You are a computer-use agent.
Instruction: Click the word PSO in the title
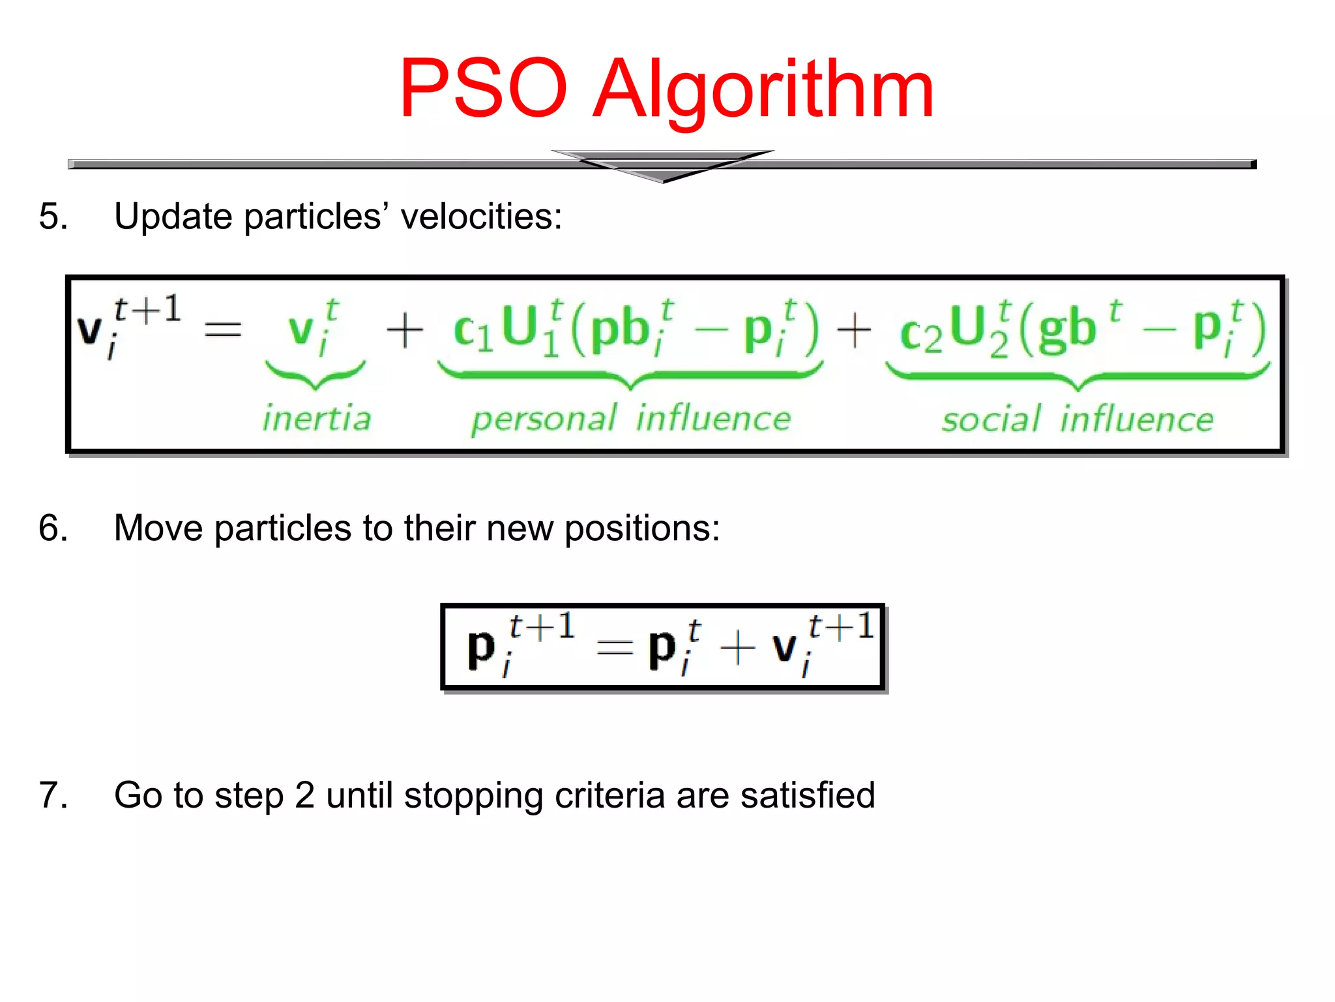click(x=483, y=89)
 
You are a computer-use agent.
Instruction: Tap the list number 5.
click(x=53, y=216)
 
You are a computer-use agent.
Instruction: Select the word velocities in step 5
click(x=480, y=216)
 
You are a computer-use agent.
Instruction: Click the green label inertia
click(x=317, y=418)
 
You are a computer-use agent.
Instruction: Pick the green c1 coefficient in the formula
click(x=472, y=331)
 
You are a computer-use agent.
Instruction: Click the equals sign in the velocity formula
click(x=223, y=329)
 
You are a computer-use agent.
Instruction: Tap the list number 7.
click(x=53, y=795)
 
